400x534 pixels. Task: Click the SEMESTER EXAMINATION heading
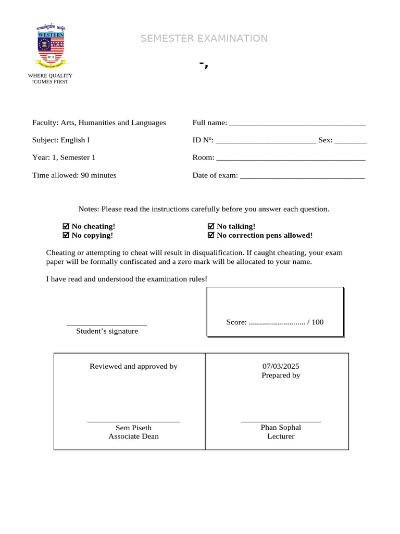click(204, 39)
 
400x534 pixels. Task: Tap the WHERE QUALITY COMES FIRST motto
click(50, 79)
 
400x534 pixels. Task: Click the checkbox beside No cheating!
click(66, 226)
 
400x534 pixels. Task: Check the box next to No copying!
click(66, 235)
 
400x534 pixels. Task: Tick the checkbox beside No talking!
click(211, 226)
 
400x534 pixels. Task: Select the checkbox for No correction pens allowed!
click(211, 235)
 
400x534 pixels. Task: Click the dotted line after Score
click(277, 323)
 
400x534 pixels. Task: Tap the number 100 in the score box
click(317, 322)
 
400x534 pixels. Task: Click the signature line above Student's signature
click(107, 325)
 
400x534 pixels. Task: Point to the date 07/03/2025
click(281, 366)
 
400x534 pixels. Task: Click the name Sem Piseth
click(133, 428)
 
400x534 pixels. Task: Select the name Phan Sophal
click(281, 427)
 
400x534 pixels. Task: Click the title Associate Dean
click(133, 436)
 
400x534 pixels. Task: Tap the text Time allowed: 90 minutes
click(74, 175)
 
